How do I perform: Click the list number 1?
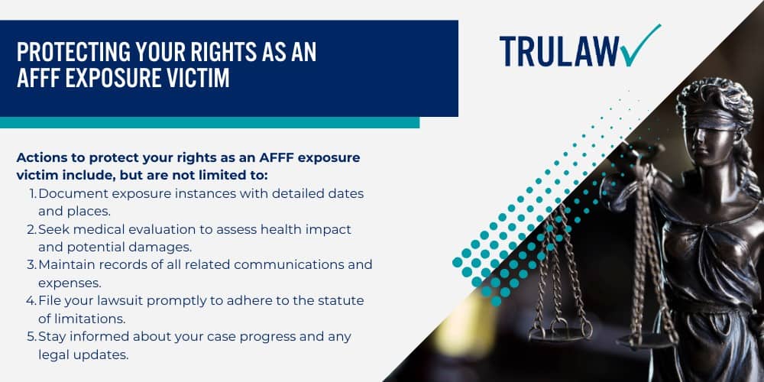(32, 194)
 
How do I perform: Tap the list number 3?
(32, 264)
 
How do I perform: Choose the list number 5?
(32, 336)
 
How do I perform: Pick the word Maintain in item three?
(66, 264)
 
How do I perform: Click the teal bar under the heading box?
(209, 122)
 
